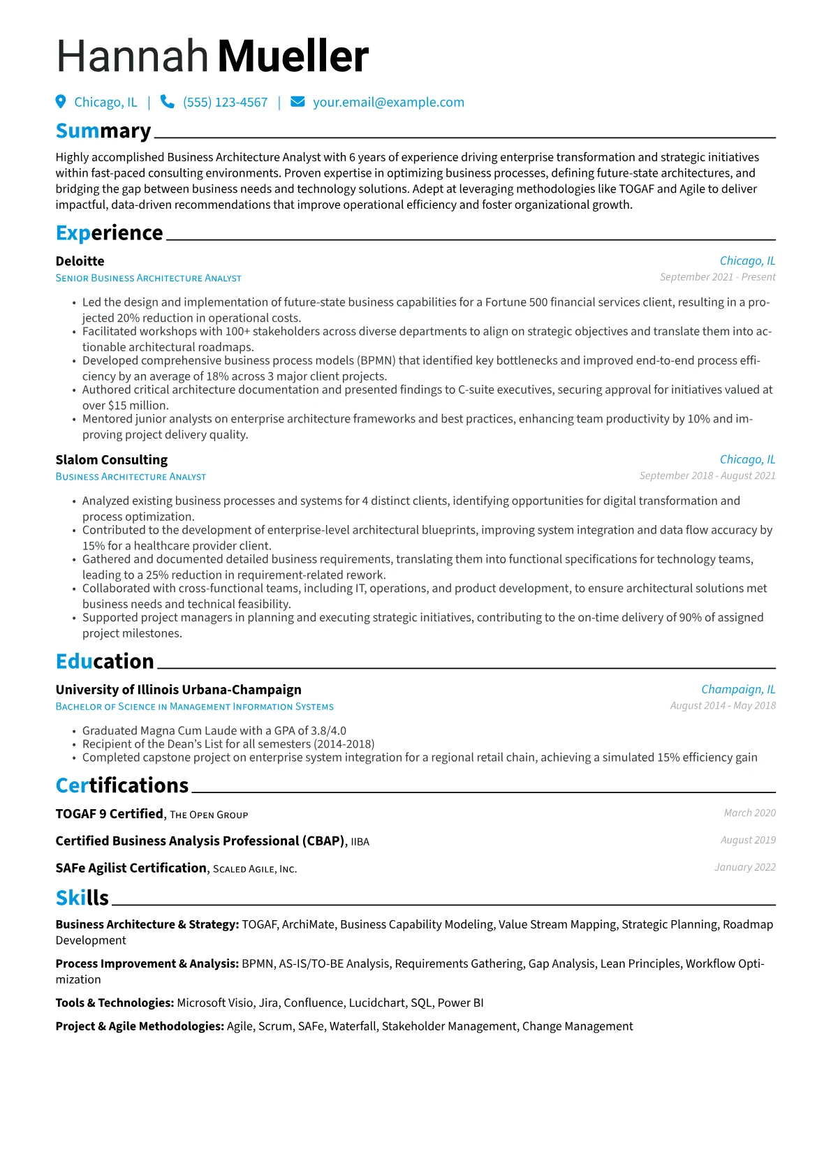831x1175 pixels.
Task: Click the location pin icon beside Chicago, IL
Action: point(61,102)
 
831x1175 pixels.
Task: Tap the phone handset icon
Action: point(168,102)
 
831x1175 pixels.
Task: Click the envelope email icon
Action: point(297,102)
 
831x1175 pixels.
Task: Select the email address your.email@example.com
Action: point(388,103)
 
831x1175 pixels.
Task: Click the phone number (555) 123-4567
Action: point(225,103)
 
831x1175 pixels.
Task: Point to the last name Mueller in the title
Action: point(293,57)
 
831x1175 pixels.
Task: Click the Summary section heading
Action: point(103,131)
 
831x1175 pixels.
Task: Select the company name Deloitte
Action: point(80,261)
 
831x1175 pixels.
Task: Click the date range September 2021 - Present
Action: point(717,277)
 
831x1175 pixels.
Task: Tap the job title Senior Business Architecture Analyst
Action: point(148,278)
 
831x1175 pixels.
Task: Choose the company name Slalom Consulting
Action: point(112,460)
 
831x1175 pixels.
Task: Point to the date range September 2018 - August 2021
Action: point(707,475)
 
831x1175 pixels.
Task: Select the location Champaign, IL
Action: point(738,690)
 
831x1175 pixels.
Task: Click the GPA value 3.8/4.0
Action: point(328,731)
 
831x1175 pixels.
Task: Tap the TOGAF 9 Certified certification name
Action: point(110,814)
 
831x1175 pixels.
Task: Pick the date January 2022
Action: point(745,867)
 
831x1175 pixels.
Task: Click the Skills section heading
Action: point(82,898)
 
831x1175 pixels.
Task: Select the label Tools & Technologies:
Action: point(115,1003)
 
